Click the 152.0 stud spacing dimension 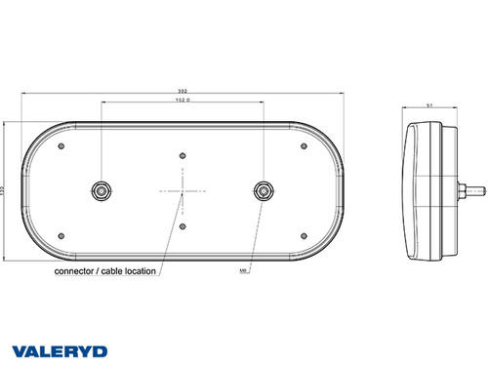tap(183, 100)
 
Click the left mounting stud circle tap(100, 188)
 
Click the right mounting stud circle tap(264, 188)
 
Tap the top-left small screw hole tap(61, 146)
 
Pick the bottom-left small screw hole tap(61, 232)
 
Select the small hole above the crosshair tap(183, 154)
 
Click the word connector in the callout tap(76, 270)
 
